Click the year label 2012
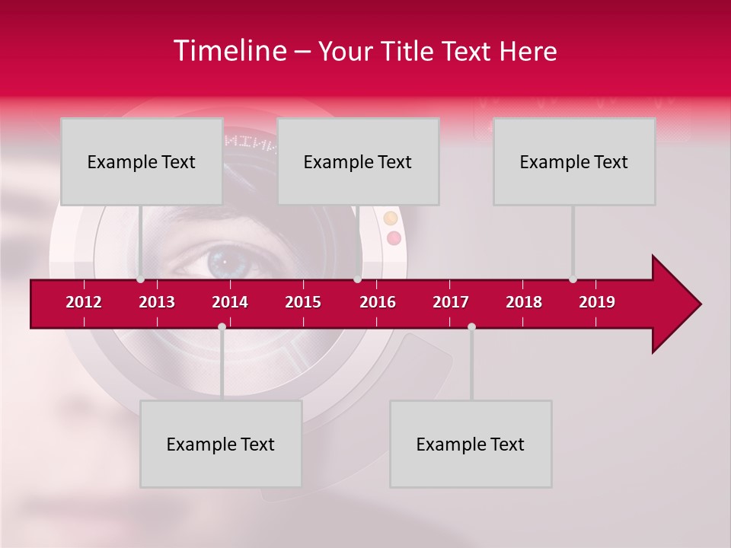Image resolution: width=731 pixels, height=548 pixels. pyautogui.click(x=84, y=302)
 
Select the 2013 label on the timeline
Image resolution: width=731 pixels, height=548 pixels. pyautogui.click(x=157, y=302)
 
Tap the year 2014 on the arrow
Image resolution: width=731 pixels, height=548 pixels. pyautogui.click(x=230, y=302)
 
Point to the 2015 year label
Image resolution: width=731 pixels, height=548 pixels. pyautogui.click(x=303, y=302)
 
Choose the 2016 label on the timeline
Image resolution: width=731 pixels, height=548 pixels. pyautogui.click(x=378, y=302)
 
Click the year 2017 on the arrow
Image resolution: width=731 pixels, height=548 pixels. pyautogui.click(x=451, y=302)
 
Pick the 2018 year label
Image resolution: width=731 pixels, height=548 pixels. pyautogui.click(x=524, y=302)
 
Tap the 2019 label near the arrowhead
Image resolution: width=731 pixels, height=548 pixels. pyautogui.click(x=597, y=302)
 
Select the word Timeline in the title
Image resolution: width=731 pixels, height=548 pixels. pyautogui.click(x=229, y=51)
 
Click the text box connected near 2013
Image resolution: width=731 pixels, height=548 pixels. pyautogui.click(x=142, y=161)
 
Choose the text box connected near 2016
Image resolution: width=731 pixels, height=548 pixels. pyautogui.click(x=358, y=161)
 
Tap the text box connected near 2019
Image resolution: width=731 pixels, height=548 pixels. pyautogui.click(x=574, y=161)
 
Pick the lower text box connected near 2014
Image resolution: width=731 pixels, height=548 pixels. pyautogui.click(x=221, y=444)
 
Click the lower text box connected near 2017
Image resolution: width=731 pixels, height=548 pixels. pyautogui.click(x=471, y=444)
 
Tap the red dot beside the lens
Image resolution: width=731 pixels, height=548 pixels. pyautogui.click(x=394, y=238)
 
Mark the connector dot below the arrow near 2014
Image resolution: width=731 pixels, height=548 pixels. pyautogui.click(x=222, y=327)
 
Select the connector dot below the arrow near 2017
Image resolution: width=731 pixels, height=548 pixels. pyautogui.click(x=471, y=327)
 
